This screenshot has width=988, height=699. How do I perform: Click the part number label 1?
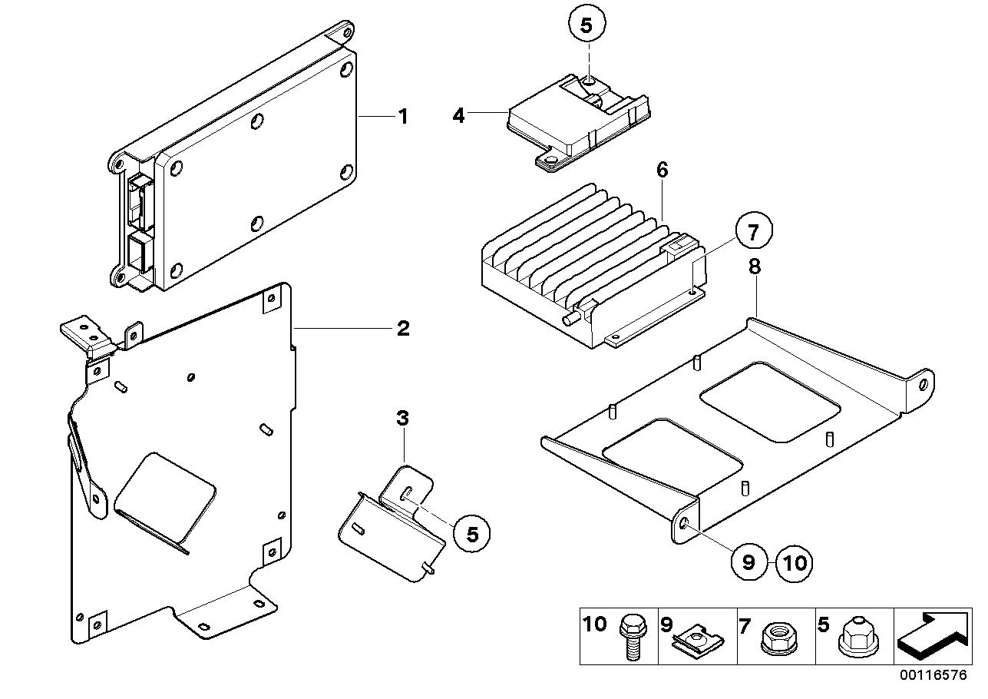(x=401, y=117)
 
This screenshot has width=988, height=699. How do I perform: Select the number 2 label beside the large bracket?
(x=402, y=329)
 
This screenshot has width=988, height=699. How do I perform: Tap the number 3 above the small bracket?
(x=402, y=419)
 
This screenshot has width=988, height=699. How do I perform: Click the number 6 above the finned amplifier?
(x=661, y=171)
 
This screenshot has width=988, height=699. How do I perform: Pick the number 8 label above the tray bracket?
(x=755, y=267)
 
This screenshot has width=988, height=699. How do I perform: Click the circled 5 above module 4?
(x=587, y=25)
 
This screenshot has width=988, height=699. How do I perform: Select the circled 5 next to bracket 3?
(x=472, y=533)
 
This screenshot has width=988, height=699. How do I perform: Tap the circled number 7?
(x=752, y=231)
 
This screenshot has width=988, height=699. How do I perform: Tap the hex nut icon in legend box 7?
(x=773, y=639)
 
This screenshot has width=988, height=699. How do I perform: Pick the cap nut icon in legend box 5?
(x=854, y=639)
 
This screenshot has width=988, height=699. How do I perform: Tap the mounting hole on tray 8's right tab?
(x=924, y=383)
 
